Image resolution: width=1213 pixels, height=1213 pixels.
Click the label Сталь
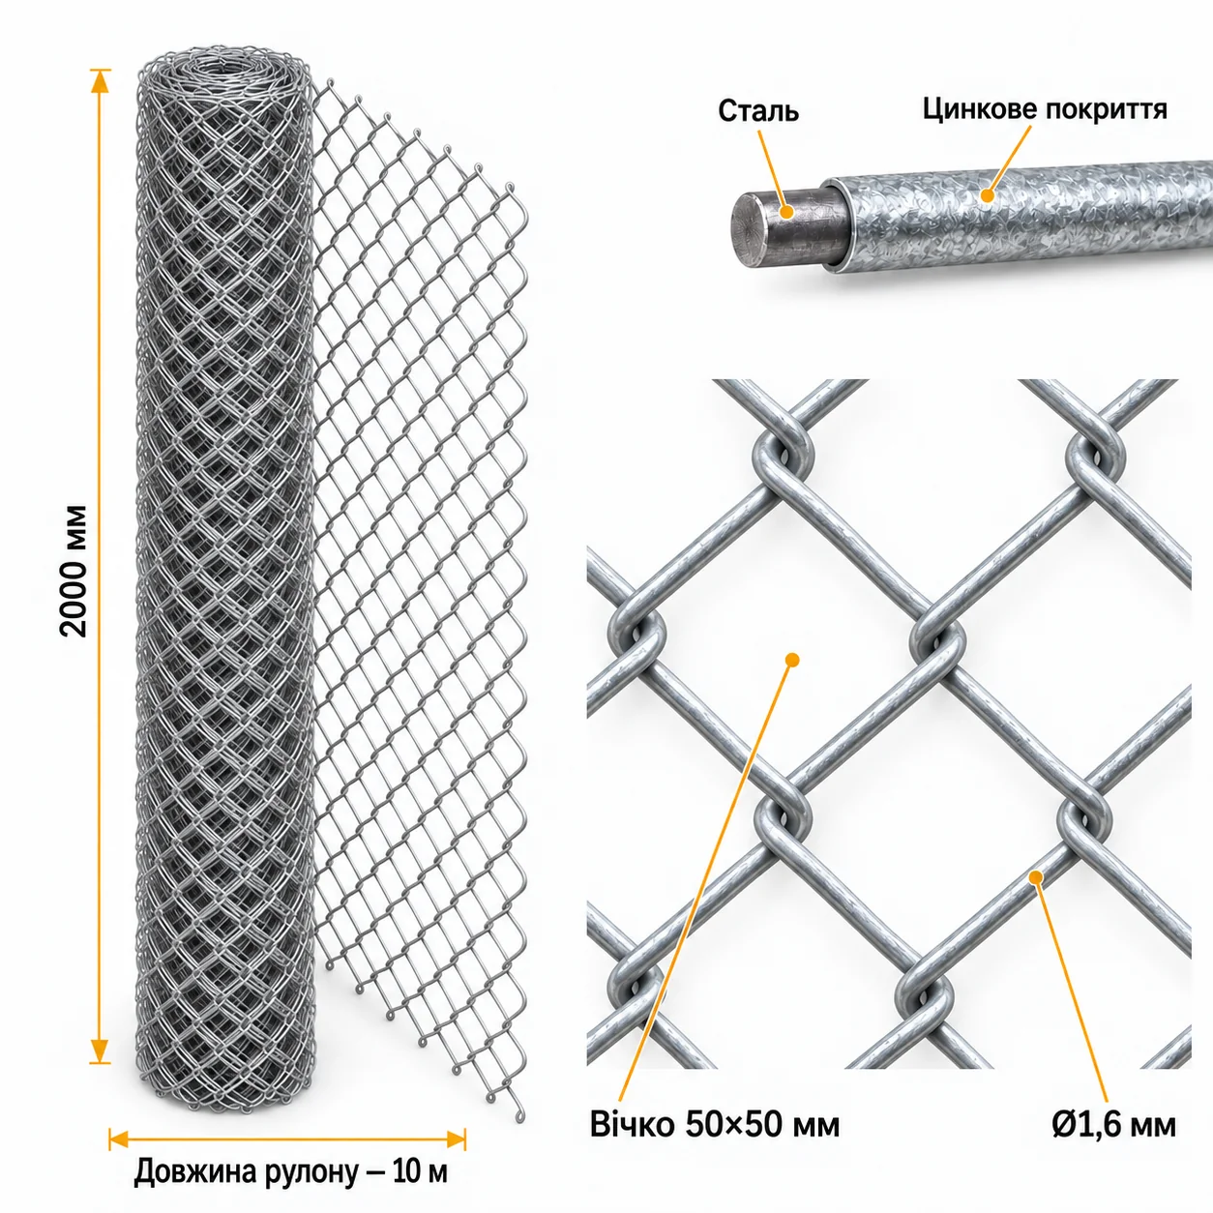tap(758, 111)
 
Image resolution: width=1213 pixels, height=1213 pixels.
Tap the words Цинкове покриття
tap(1045, 109)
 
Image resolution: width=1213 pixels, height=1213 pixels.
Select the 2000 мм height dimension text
tap(75, 572)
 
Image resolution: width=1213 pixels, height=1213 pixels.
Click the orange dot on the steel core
tap(785, 212)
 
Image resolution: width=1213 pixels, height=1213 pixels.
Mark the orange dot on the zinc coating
tap(988, 195)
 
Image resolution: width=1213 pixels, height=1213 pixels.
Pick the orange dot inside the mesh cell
tap(792, 660)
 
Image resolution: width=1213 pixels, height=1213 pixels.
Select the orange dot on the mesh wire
tap(1035, 876)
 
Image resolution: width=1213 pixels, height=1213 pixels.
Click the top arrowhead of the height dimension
tap(100, 80)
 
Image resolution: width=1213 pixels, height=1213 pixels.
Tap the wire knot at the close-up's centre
tap(937, 642)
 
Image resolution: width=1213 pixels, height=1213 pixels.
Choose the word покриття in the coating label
tap(1107, 109)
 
